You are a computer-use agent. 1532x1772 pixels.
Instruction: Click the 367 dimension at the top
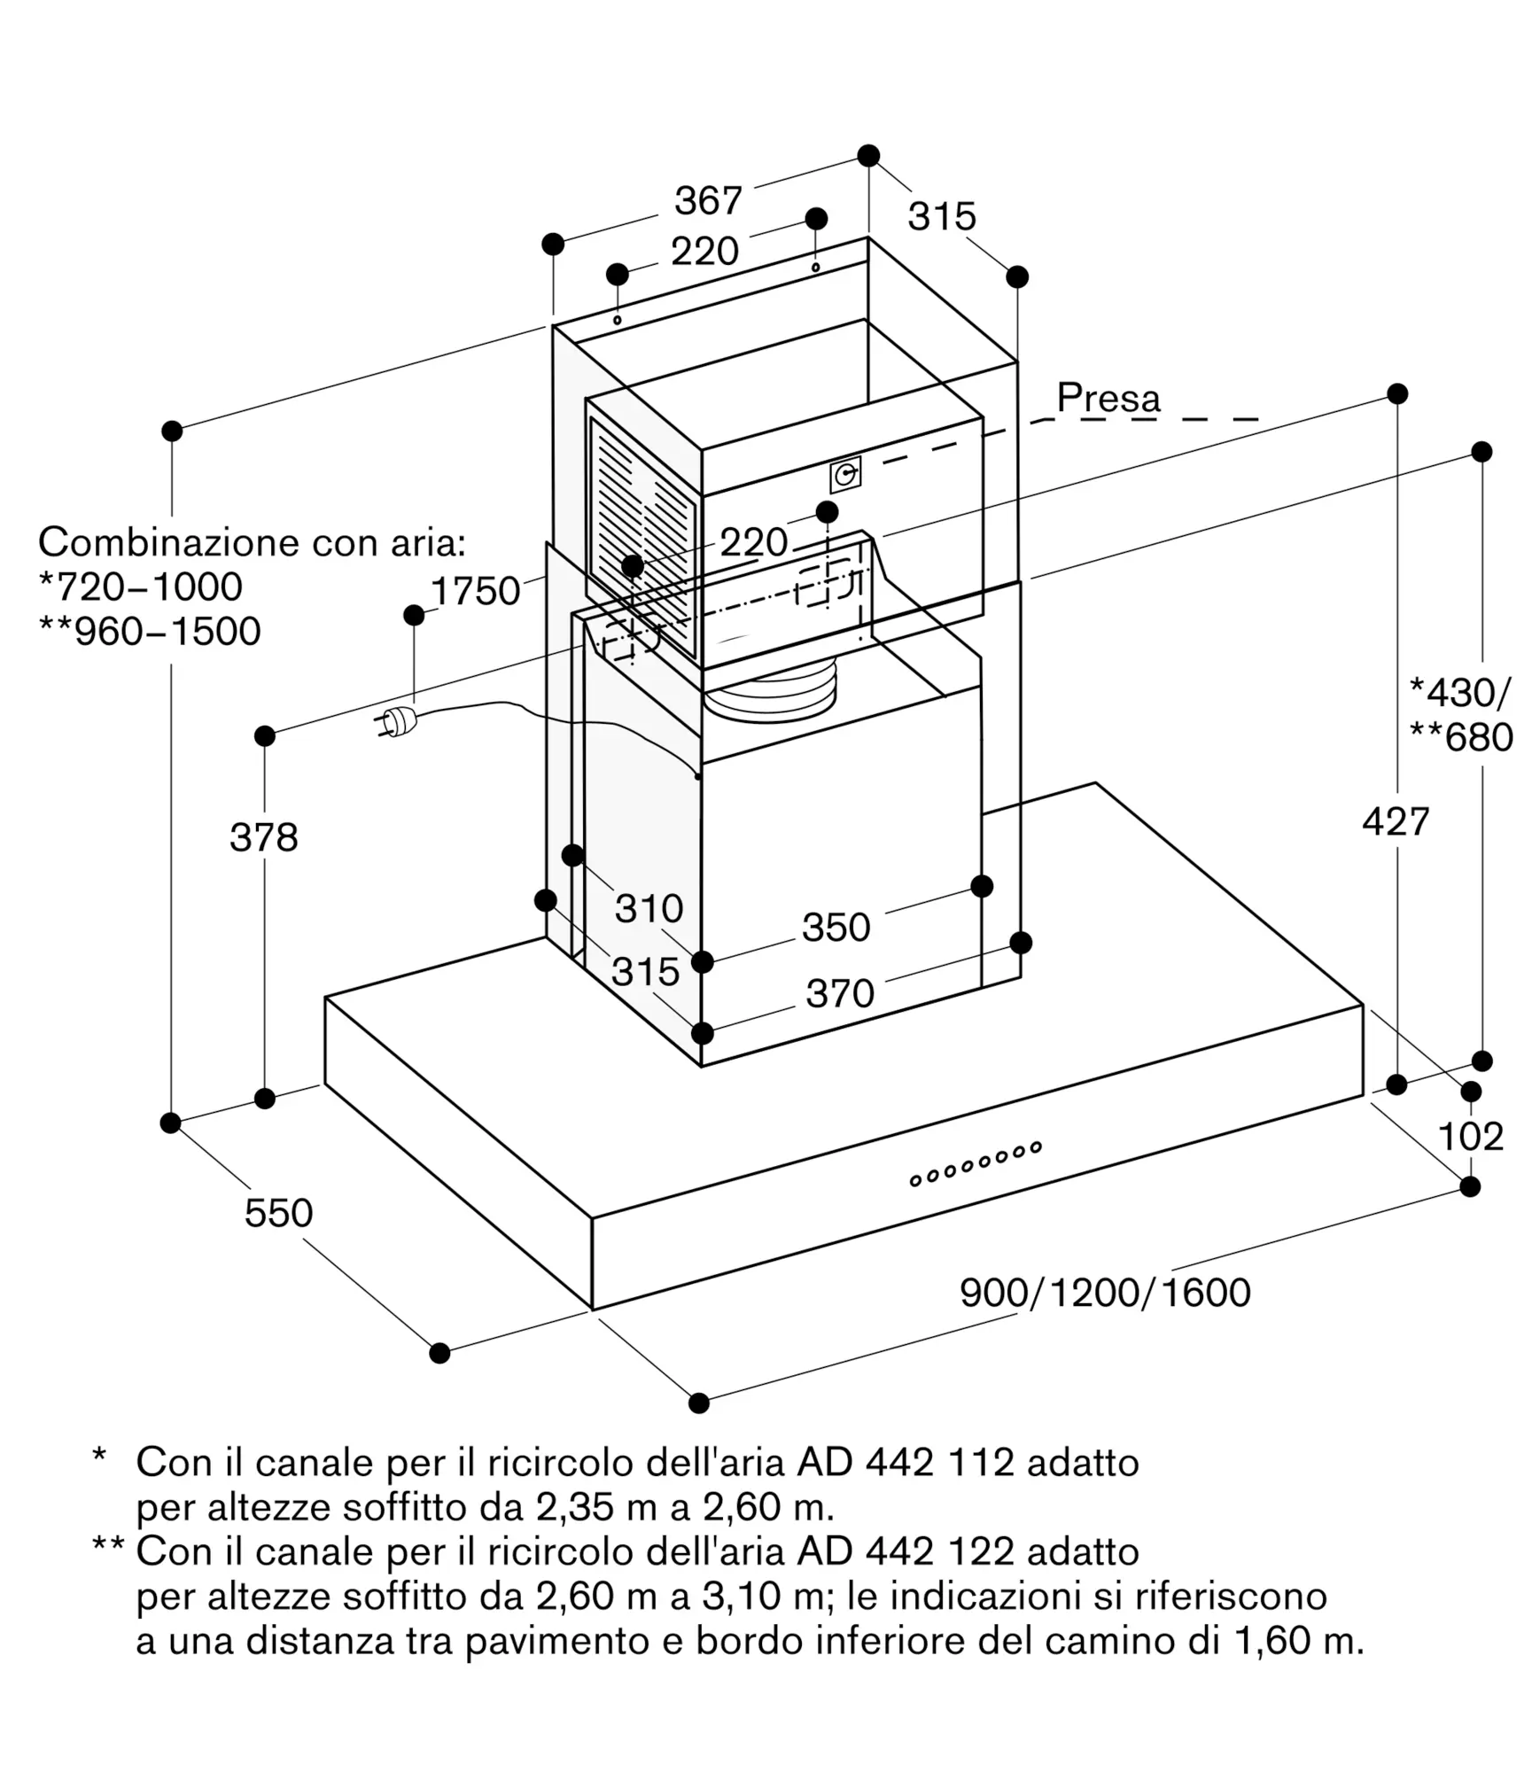(708, 201)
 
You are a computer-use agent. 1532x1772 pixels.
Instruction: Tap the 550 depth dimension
(279, 1213)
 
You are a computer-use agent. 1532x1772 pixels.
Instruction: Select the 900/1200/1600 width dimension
(1105, 1294)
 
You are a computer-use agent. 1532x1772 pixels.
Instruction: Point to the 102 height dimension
(1470, 1137)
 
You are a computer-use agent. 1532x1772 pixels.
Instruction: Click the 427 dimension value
(1396, 822)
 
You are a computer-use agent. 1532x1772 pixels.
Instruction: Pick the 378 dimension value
(264, 837)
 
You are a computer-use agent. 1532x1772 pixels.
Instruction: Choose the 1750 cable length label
(475, 591)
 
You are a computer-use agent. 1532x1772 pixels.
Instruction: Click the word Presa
(1108, 399)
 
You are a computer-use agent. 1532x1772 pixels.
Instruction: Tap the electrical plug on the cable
(395, 720)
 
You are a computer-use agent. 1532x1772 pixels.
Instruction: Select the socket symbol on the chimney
(845, 475)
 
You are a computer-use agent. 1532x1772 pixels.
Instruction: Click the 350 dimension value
(836, 928)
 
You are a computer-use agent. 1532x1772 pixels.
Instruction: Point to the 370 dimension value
(840, 993)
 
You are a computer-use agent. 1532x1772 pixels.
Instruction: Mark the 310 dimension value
(649, 909)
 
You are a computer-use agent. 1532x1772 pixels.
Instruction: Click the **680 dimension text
(1461, 737)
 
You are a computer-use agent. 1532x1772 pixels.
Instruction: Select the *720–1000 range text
(141, 587)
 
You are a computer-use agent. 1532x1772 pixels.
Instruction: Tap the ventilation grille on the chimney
(644, 537)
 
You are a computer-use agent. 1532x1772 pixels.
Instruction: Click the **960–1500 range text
(150, 632)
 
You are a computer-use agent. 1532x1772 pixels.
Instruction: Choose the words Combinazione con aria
(252, 541)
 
